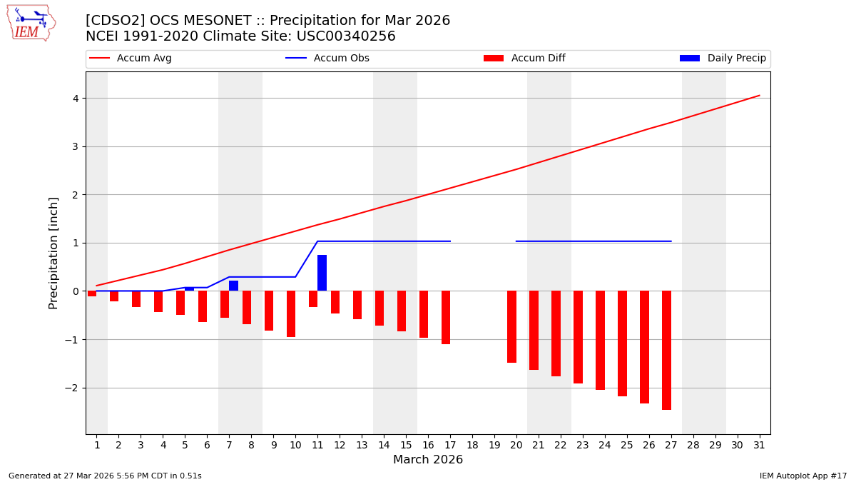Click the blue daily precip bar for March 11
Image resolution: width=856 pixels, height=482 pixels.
322,273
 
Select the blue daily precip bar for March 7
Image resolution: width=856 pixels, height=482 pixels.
233,286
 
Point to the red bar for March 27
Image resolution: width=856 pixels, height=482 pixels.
666,350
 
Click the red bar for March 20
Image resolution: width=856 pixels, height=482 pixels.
511,326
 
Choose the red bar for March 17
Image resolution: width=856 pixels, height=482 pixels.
446,317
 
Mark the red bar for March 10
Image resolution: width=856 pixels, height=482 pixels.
291,313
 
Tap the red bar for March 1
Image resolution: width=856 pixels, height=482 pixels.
92,293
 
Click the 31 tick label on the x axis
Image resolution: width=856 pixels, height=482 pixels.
759,446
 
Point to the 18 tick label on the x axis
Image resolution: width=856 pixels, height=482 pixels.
472,446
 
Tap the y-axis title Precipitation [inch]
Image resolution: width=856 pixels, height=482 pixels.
53,253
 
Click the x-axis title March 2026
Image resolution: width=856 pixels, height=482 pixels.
428,460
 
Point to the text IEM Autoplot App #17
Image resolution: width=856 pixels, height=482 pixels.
803,476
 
